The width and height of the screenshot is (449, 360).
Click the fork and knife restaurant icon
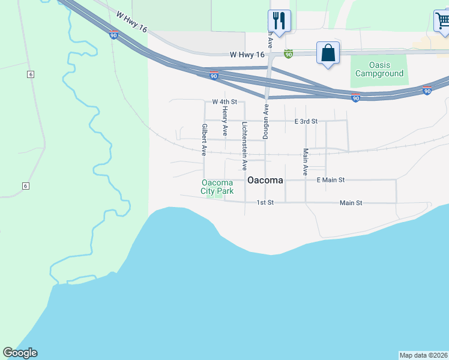(x=279, y=20)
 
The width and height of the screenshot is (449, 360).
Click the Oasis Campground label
(x=379, y=69)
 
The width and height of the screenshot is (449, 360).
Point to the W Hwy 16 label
(x=247, y=55)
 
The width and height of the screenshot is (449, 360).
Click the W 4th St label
(x=225, y=103)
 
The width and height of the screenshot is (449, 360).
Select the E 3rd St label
(x=306, y=121)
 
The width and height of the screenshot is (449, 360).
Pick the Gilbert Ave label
(x=205, y=140)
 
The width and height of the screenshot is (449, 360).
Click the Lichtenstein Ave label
(x=244, y=146)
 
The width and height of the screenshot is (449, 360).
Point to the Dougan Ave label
(x=265, y=122)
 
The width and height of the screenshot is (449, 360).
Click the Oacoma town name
(x=265, y=180)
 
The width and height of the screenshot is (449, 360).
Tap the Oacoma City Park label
(x=217, y=187)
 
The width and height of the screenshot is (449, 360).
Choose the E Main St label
(x=331, y=180)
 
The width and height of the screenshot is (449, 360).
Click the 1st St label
(x=265, y=203)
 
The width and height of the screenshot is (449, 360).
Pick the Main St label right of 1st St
(x=351, y=203)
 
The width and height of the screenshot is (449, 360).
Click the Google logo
(x=20, y=353)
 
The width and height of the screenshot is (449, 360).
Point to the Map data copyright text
(x=423, y=355)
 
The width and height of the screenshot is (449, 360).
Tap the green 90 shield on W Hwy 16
(x=288, y=54)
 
